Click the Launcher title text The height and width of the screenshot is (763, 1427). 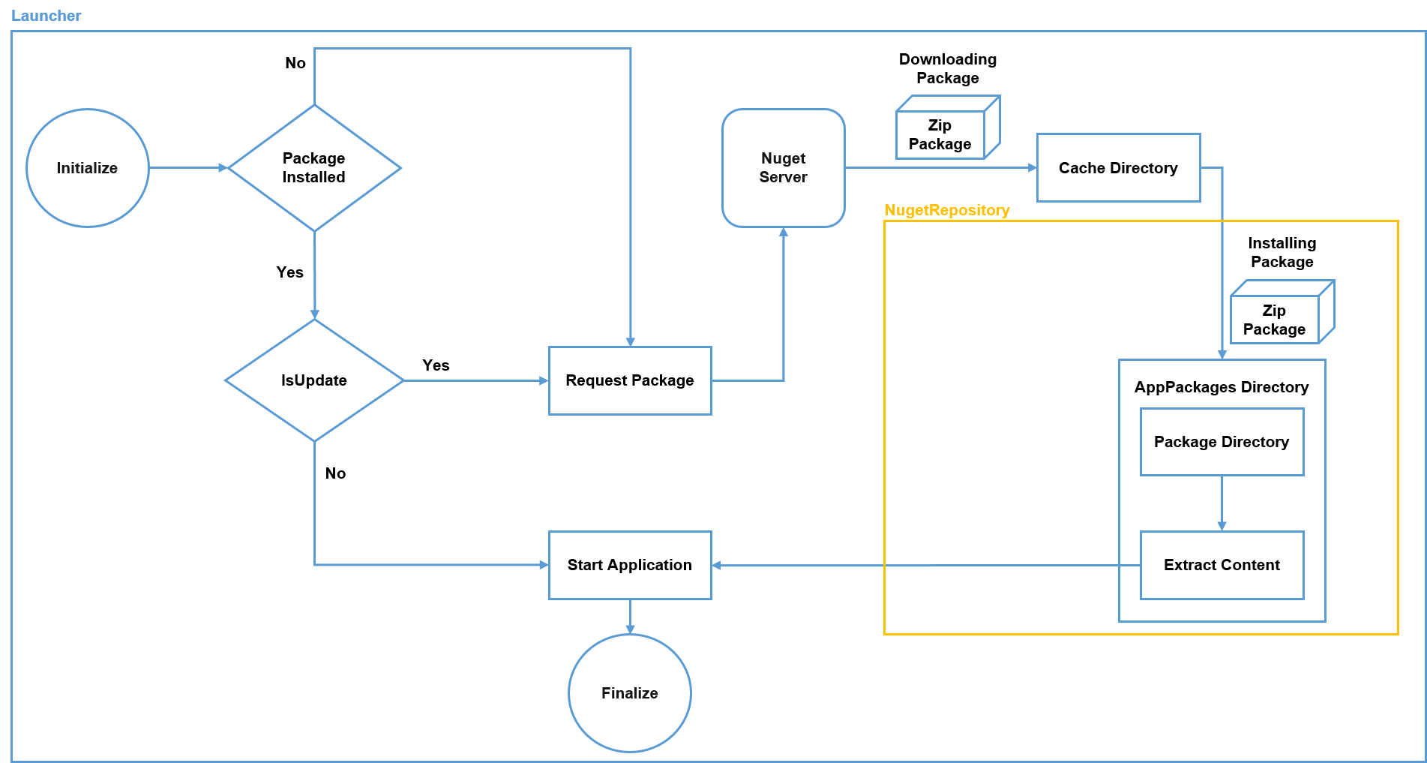tap(46, 16)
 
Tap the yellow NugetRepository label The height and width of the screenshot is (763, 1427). tap(946, 210)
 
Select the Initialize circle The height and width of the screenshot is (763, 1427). tap(88, 168)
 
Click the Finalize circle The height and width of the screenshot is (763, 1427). tap(630, 692)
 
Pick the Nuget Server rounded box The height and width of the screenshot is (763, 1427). tap(783, 168)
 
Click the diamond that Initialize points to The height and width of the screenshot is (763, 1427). tap(314, 168)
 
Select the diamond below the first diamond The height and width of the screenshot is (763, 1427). tap(314, 380)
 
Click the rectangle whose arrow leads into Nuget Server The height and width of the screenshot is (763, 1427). tap(630, 380)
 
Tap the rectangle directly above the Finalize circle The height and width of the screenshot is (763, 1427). tap(630, 565)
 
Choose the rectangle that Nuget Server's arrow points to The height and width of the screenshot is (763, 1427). tap(1118, 168)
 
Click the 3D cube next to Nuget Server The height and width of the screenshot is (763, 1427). tap(947, 128)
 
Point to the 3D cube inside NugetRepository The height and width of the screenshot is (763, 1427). tap(1282, 312)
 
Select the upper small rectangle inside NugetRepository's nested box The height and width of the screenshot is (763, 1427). tap(1222, 442)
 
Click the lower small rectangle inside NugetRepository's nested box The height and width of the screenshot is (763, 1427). tap(1222, 565)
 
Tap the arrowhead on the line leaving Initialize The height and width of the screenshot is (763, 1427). tap(223, 168)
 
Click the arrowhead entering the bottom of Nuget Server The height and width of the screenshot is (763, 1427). tap(784, 232)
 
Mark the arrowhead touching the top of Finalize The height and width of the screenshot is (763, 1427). tap(630, 629)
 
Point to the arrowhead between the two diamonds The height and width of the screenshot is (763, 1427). tap(315, 314)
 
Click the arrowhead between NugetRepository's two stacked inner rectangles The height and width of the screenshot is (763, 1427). tap(1222, 527)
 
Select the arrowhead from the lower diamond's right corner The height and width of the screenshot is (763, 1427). tap(544, 380)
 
